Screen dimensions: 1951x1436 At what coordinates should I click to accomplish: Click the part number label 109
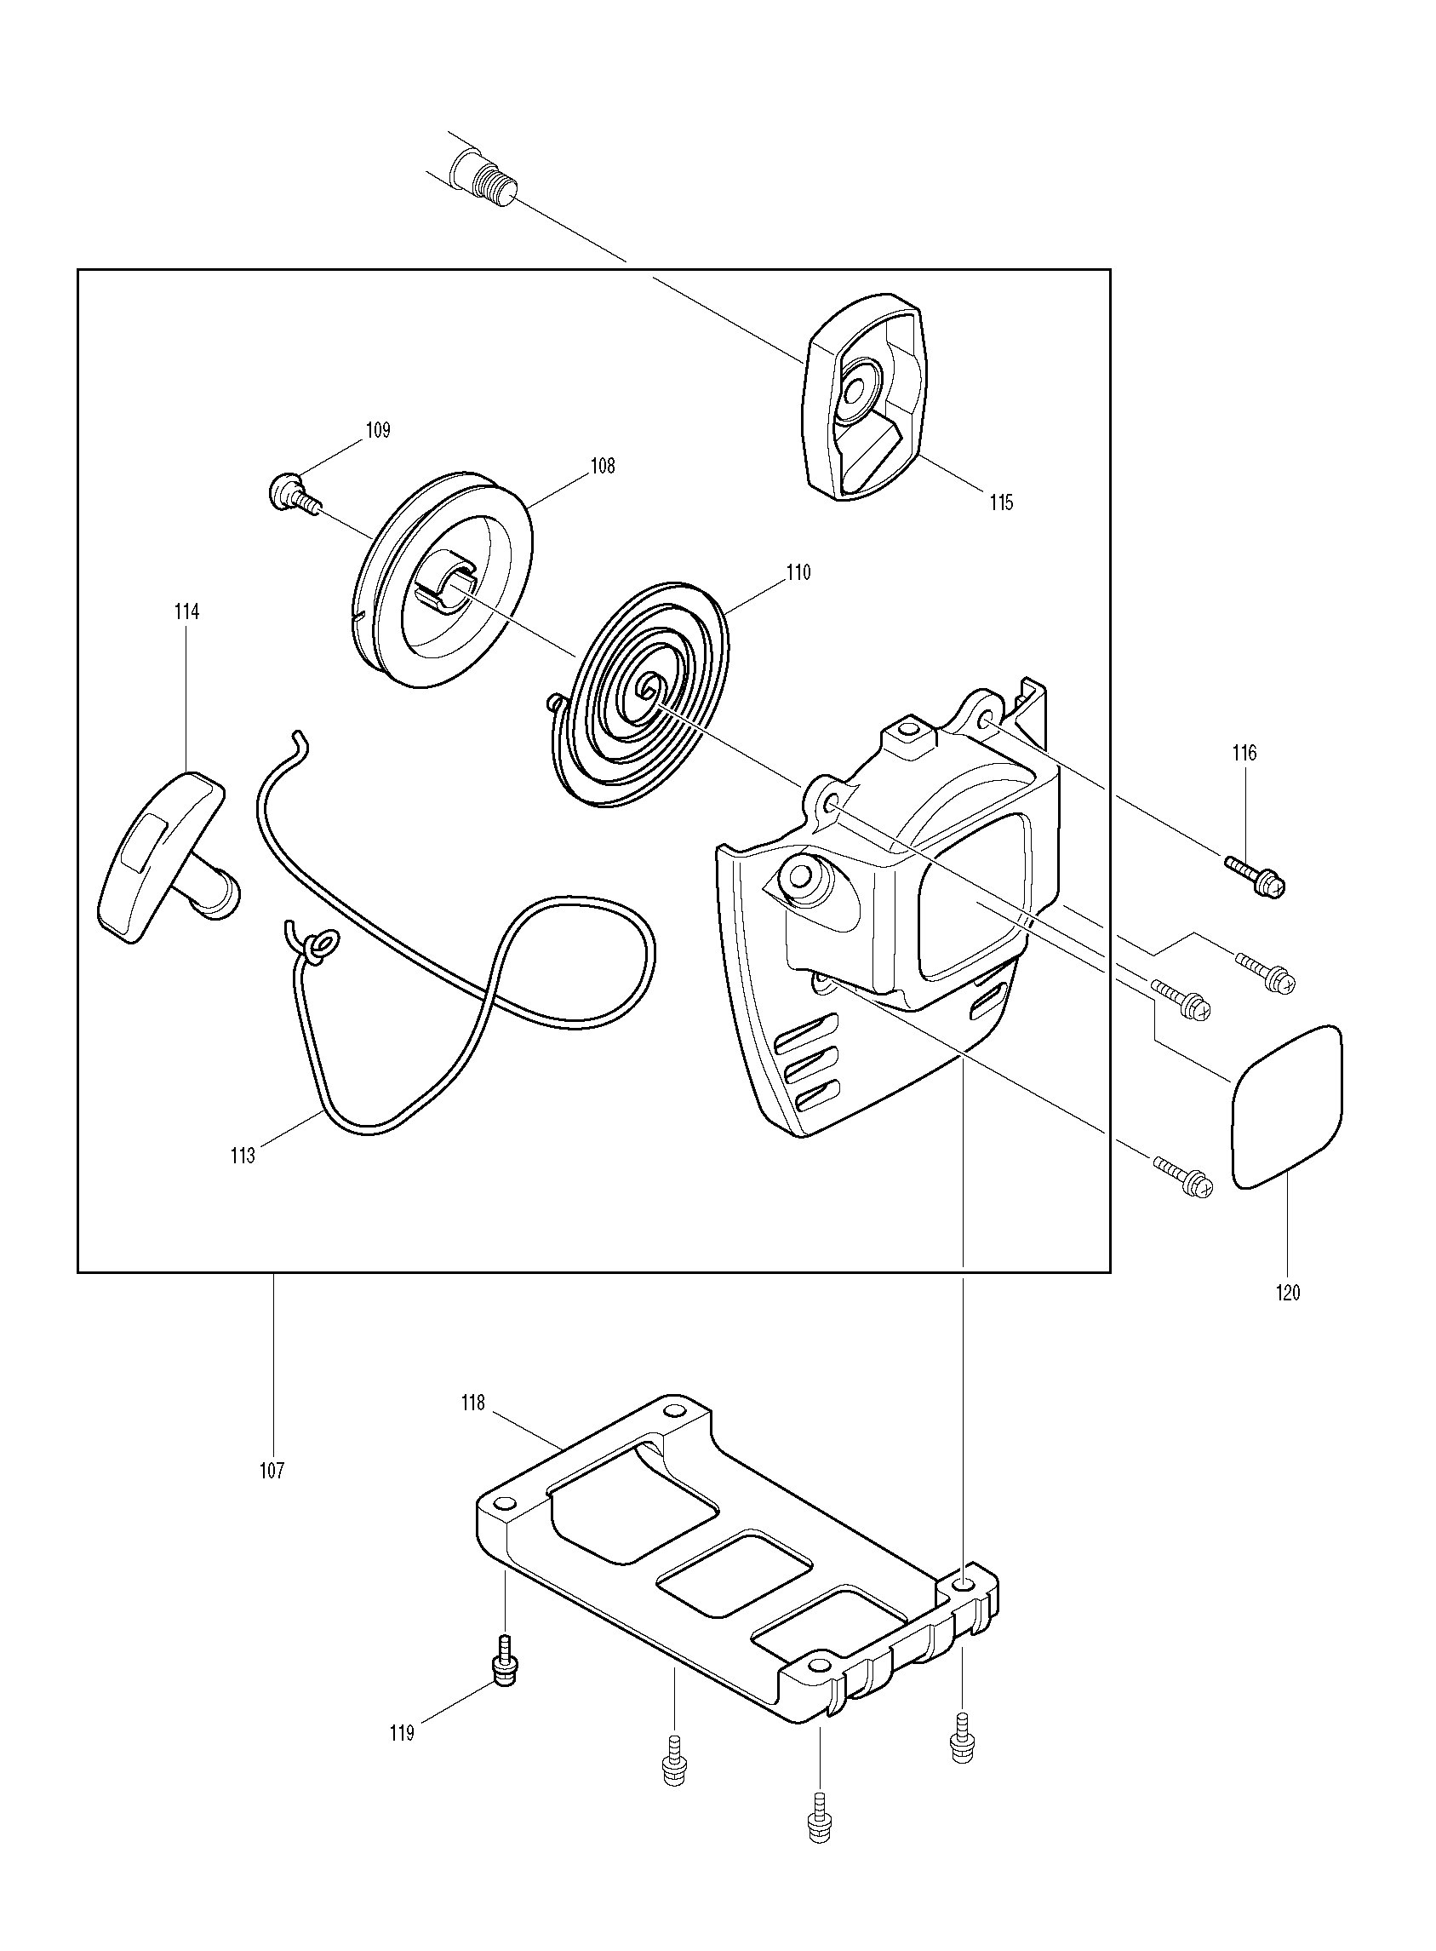[378, 429]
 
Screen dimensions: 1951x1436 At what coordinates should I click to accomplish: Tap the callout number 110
[798, 572]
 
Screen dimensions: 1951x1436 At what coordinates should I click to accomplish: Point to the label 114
[186, 612]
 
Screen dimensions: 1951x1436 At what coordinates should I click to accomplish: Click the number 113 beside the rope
[243, 1156]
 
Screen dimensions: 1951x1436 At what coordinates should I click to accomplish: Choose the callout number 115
[1001, 502]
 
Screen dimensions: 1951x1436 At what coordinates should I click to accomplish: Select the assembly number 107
[272, 1471]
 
